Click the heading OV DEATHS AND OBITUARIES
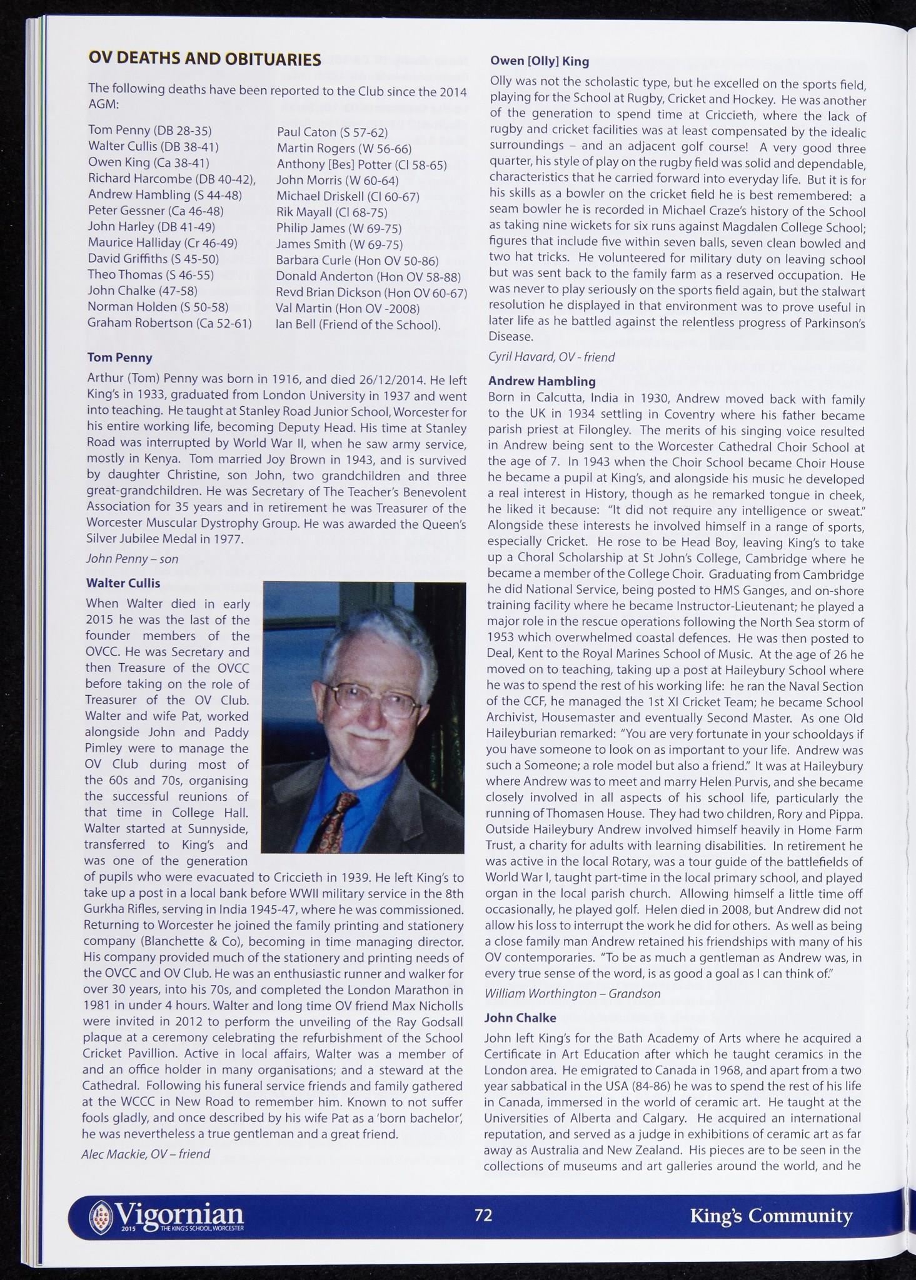point(204,59)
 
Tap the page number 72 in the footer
point(483,1214)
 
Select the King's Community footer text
point(771,1216)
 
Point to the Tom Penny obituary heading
point(119,357)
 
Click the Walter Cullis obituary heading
point(123,583)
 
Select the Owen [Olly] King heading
point(539,61)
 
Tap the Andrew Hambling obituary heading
point(541,381)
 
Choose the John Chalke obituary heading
point(520,1017)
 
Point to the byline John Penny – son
point(132,559)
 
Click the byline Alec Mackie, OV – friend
point(145,1153)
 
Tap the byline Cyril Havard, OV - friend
point(551,357)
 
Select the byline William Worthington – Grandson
point(572,993)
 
